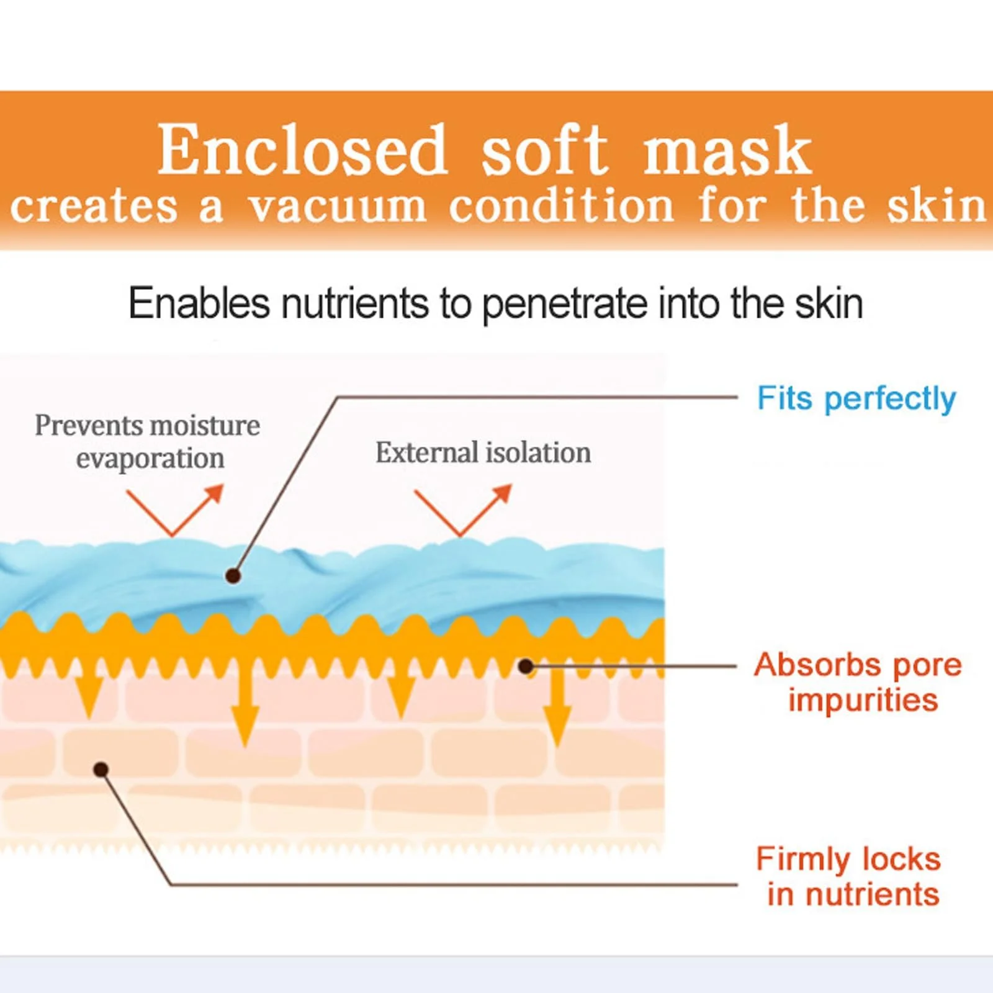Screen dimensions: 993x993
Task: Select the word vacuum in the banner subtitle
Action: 338,207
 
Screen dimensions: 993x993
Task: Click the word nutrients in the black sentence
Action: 355,303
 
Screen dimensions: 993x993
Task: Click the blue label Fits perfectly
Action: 856,398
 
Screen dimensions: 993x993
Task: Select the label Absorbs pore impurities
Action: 858,682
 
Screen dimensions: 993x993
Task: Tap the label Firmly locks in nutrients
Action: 849,876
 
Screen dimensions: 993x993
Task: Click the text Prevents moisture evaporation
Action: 148,441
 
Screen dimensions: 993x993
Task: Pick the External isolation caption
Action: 483,452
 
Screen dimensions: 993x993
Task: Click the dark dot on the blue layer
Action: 233,576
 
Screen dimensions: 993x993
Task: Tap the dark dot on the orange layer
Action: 526,667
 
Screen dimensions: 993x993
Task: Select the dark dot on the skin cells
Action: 101,770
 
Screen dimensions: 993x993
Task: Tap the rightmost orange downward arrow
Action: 557,708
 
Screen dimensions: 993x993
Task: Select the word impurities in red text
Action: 863,700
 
